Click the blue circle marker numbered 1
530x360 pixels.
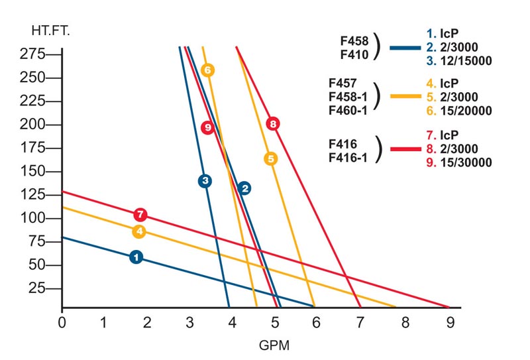(x=136, y=257)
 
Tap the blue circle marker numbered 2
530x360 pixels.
(x=244, y=188)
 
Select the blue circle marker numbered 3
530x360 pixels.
(x=205, y=181)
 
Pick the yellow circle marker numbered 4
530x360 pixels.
(x=138, y=231)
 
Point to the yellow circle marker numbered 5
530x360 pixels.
(x=270, y=159)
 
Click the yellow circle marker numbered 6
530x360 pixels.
(x=207, y=70)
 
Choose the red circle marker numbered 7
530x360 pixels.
(x=140, y=215)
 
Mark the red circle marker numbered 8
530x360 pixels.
(x=272, y=123)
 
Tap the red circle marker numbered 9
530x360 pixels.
(x=207, y=128)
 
